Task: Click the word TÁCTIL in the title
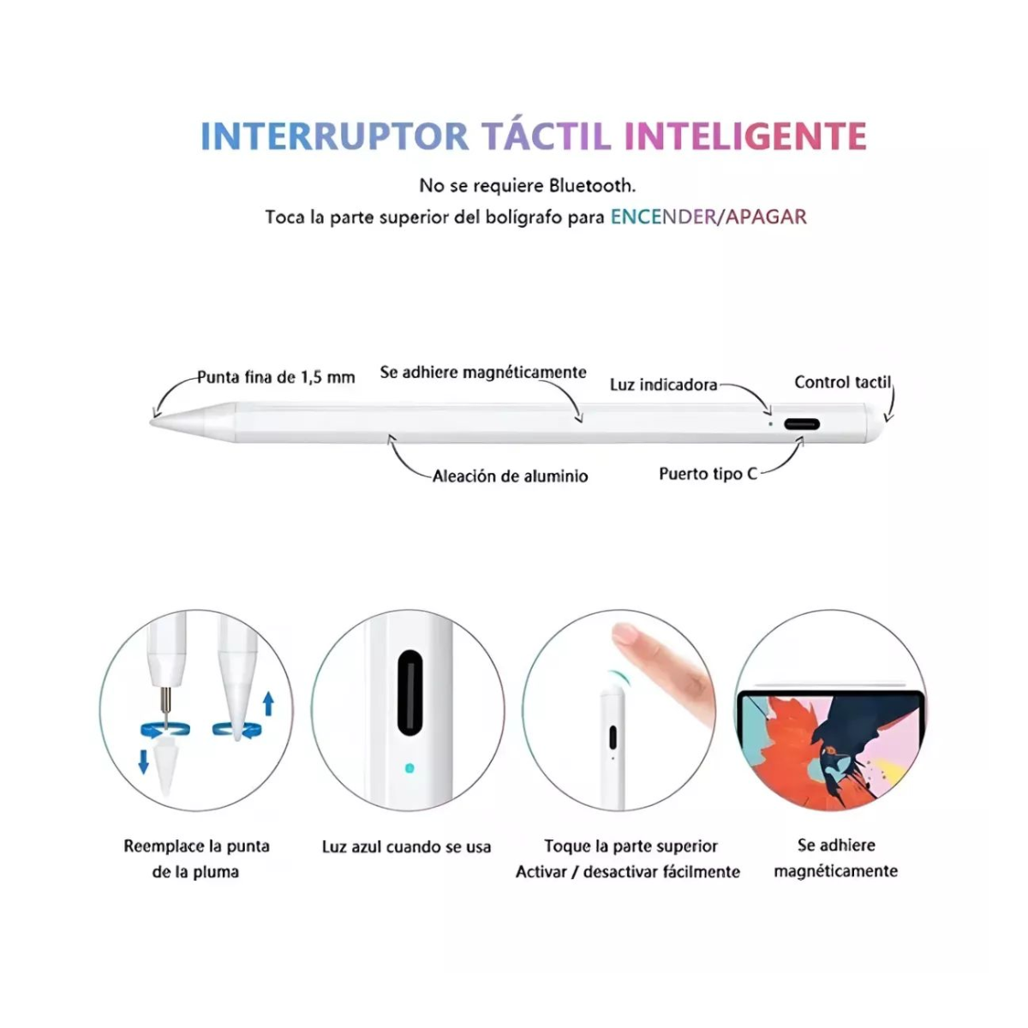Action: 547,136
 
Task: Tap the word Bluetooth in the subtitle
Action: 593,186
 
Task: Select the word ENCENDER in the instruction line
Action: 662,216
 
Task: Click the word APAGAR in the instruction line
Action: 766,216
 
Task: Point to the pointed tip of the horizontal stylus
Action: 152,422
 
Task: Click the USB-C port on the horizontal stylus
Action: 801,425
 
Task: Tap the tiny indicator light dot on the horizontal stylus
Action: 770,424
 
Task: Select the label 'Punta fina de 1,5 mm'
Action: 276,377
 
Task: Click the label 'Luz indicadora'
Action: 664,385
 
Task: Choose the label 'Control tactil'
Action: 842,382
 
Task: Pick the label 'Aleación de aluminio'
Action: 510,475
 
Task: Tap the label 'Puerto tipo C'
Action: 708,474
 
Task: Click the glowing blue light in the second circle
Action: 409,768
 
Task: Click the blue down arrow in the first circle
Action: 144,762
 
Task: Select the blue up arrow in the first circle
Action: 269,703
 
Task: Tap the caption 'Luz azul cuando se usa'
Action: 407,847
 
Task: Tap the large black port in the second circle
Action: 410,692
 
